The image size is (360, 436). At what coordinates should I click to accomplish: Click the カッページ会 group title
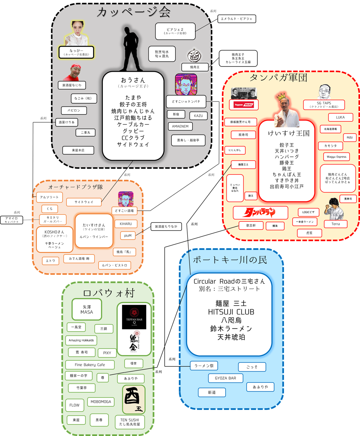point(133,12)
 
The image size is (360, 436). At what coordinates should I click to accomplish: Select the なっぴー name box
point(76,52)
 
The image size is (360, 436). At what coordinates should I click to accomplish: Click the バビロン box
point(74,110)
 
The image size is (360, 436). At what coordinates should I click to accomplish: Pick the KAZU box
point(198,116)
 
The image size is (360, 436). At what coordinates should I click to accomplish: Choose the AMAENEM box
point(180,126)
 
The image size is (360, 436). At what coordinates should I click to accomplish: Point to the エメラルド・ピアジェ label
point(237,19)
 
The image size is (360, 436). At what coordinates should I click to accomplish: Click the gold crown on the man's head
point(281,96)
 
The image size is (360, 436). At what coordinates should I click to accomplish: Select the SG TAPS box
point(324,105)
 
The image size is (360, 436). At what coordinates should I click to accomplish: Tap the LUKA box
point(340,117)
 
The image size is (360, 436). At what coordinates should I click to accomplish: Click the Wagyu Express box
point(336,157)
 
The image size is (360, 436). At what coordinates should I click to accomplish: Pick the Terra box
point(336,224)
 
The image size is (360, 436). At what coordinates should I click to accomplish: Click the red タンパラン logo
point(260,213)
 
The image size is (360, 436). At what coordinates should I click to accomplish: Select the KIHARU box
point(126,224)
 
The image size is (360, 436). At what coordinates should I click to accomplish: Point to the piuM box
point(128,236)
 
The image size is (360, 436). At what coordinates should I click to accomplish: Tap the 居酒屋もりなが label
point(166,227)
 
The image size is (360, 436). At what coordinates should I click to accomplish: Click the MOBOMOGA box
point(101,402)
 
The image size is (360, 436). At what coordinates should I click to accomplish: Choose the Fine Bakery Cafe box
point(90,365)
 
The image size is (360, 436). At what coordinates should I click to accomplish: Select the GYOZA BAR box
point(225,378)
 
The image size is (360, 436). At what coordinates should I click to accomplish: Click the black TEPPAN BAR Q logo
point(134,317)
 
